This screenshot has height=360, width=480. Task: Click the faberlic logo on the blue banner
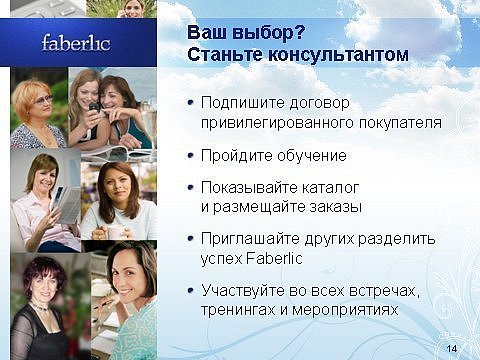pos(76,43)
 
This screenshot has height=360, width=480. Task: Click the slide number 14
pos(452,349)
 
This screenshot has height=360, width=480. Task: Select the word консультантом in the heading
pos(338,55)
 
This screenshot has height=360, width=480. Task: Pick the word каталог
pos(330,188)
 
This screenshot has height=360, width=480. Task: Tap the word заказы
pos(336,207)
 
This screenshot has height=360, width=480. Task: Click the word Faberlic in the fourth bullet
pos(274,258)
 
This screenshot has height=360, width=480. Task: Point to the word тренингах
pos(238,310)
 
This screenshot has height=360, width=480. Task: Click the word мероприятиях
pos(345,310)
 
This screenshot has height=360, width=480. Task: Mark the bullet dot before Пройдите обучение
pos(191,155)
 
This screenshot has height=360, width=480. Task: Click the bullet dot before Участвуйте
pos(191,290)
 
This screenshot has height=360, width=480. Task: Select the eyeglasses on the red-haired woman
pos(43,99)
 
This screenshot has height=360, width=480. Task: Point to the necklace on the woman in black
pos(42,307)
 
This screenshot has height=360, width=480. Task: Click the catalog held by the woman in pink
pos(67,204)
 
